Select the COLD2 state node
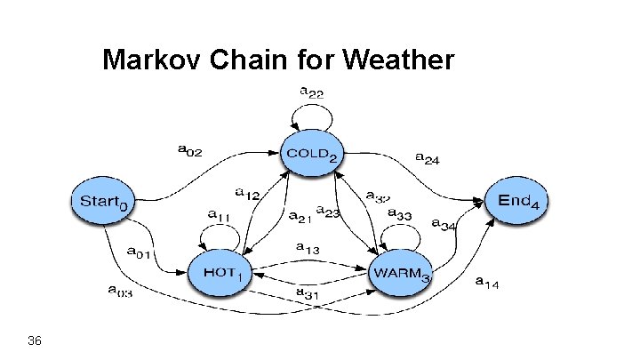[311, 153]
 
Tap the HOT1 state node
[217, 273]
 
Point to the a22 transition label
[311, 92]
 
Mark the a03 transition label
[120, 291]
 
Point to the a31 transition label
[308, 292]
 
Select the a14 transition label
[487, 284]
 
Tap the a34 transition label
[444, 224]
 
